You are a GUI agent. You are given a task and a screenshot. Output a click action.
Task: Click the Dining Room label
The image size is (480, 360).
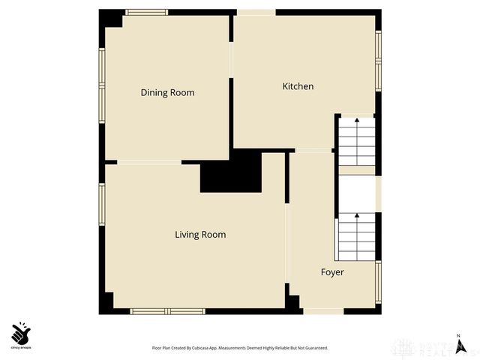[x=167, y=93]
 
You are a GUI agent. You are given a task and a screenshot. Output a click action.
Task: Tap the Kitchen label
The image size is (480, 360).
[x=298, y=87]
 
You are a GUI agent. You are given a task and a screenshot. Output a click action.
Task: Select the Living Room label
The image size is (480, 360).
[x=200, y=235]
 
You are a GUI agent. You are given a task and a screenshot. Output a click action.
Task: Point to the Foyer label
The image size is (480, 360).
[x=332, y=272]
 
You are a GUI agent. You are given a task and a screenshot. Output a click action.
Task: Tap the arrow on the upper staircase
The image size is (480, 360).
[x=357, y=120]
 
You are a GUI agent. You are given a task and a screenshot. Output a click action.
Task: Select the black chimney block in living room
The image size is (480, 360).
[x=230, y=172]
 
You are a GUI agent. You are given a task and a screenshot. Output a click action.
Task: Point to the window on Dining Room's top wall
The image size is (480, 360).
[x=146, y=12]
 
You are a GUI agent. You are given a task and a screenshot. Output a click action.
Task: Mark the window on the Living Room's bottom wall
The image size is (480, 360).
[x=167, y=310]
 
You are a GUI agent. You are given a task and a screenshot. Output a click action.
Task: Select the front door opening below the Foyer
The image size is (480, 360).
[x=323, y=310]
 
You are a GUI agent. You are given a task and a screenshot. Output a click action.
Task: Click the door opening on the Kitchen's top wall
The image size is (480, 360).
[x=256, y=12]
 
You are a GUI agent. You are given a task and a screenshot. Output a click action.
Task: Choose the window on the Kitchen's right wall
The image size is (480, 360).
[x=379, y=60]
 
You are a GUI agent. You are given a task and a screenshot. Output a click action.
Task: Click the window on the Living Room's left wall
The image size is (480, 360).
[x=101, y=205]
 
